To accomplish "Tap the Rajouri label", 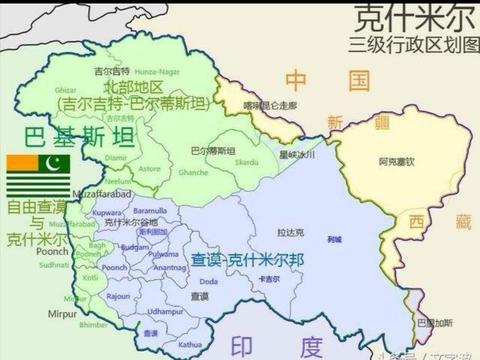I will point(119,296).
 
